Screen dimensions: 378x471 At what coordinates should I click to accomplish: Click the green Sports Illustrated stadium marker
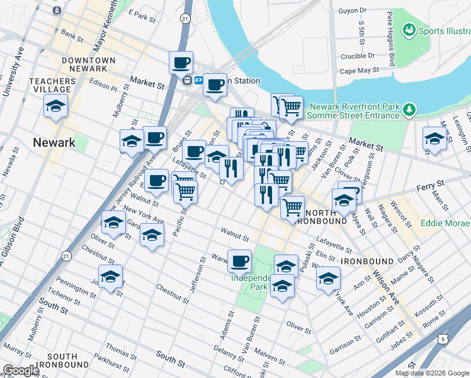[409, 30]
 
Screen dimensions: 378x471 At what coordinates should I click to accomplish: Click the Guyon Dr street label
[352, 11]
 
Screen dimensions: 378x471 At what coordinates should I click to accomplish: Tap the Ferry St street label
[431, 183]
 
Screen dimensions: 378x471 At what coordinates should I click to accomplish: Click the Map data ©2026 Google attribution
[432, 373]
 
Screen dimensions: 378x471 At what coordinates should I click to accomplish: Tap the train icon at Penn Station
[187, 81]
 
